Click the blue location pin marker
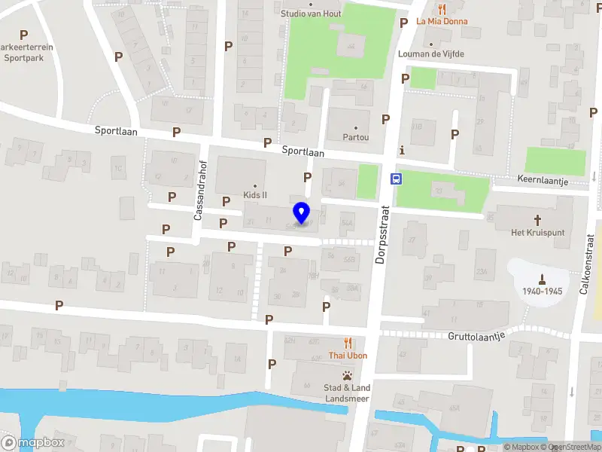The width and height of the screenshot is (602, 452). pos(302,213)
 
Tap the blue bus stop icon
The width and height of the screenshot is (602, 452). pos(396,179)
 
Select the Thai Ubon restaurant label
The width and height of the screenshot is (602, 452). pos(347,355)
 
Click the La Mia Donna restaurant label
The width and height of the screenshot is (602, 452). pos(442,21)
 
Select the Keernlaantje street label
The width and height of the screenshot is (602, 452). pos(543,182)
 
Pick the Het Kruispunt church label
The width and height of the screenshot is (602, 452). pos(537,233)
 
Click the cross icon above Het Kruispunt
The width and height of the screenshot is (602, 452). pos(537,220)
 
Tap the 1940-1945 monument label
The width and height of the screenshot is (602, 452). pos(543,291)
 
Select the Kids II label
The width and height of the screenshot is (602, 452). pos(255,194)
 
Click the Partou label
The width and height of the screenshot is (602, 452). pos(356,137)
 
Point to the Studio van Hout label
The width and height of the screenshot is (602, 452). pos(311,14)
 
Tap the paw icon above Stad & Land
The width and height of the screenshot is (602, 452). pos(347,374)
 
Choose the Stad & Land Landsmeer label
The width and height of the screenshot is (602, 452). pos(347,393)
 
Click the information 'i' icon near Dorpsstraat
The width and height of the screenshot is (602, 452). pos(403,149)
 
